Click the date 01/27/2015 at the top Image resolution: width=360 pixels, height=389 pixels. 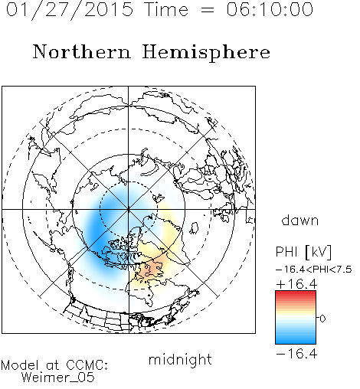(70, 10)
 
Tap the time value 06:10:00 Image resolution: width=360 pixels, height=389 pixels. (270, 9)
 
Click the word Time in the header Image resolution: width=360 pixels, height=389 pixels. (166, 9)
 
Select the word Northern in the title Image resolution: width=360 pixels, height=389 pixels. (82, 51)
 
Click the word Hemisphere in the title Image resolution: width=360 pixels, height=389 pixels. (206, 53)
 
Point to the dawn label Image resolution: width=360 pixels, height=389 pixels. (300, 220)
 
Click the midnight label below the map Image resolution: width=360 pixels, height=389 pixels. (180, 359)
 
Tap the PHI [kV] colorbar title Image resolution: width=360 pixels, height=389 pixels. (303, 252)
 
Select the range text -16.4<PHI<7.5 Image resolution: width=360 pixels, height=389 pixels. (314, 270)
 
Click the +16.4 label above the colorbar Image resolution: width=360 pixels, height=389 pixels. (296, 284)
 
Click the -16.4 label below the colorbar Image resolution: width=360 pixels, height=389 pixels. (296, 354)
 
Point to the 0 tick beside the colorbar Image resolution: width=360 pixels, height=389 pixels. (322, 319)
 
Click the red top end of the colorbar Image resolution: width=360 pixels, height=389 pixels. (296, 293)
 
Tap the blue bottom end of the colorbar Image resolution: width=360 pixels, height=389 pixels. (296, 342)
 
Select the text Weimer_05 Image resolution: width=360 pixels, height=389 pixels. (58, 378)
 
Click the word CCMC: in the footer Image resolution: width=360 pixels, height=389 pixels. (87, 365)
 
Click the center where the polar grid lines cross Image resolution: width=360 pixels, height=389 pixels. (129, 209)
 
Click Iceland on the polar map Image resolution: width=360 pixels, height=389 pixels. (195, 228)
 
